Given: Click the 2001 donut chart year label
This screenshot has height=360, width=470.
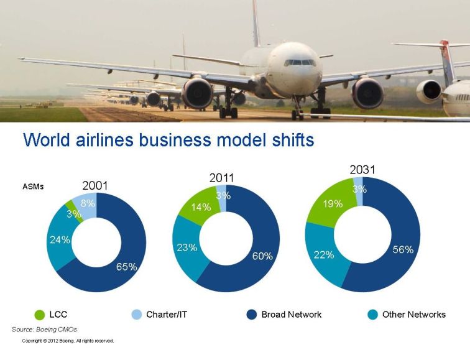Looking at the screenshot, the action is [x=94, y=185].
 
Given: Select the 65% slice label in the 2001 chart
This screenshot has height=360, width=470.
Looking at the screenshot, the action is [x=126, y=267].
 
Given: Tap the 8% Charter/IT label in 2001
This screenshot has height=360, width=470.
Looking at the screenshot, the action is [x=88, y=203].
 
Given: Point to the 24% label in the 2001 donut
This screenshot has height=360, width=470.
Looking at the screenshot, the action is [x=60, y=240].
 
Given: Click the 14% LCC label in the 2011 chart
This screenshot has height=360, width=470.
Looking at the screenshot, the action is [x=201, y=207].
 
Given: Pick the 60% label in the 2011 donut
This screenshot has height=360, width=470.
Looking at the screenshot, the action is [x=262, y=256].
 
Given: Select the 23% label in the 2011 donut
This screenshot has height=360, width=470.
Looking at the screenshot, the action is [x=187, y=247].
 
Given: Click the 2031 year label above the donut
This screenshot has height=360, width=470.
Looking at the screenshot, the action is [x=362, y=170].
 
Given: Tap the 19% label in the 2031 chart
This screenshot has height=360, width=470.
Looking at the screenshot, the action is [x=333, y=204].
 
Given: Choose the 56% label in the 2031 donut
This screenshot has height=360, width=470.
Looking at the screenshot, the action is [x=403, y=249].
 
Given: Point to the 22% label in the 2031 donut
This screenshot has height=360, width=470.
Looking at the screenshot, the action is [x=324, y=255].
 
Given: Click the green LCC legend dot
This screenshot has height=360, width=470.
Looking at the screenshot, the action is [x=39, y=315].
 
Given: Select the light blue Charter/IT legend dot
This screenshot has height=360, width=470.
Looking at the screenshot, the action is [x=136, y=315].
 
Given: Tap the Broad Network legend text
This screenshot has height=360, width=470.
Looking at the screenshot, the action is [x=292, y=315].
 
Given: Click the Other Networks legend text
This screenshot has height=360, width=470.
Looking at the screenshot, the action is [x=414, y=315].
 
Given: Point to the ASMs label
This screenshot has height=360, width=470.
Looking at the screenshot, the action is [x=33, y=187].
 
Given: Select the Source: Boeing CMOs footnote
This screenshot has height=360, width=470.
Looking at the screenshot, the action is [x=44, y=330].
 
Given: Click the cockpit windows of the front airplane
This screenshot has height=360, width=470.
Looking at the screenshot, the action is [x=299, y=63].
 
